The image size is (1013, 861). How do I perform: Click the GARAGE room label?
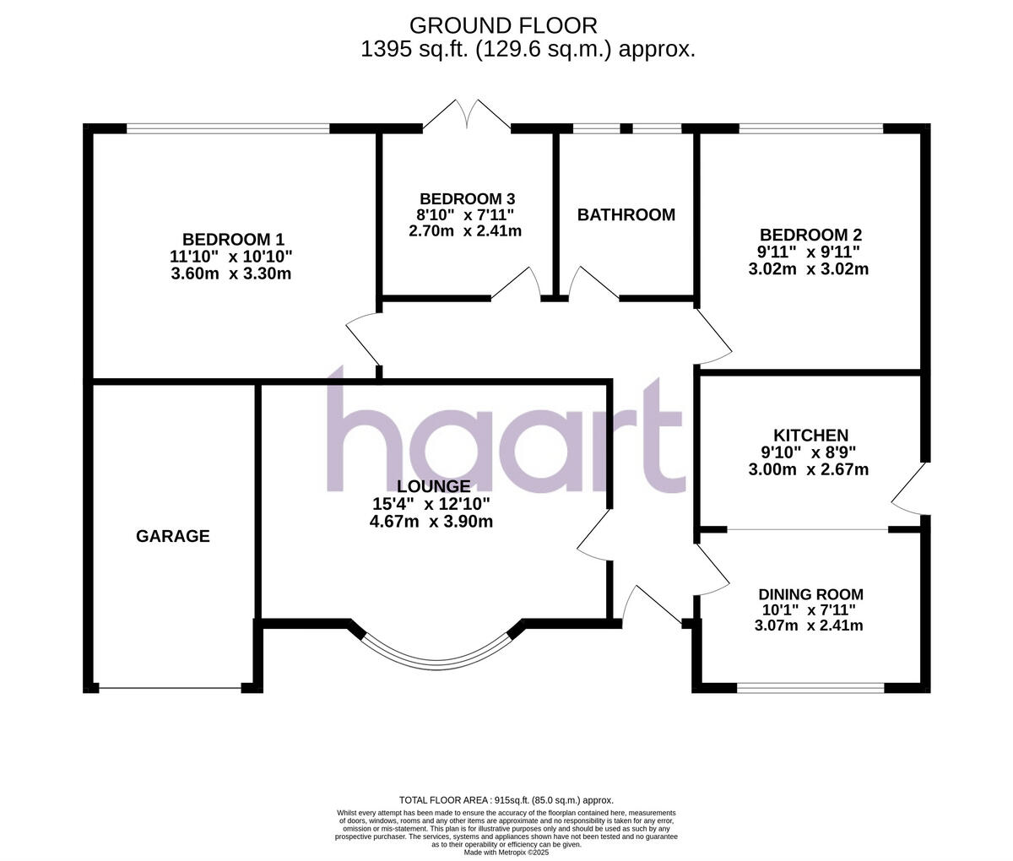(x=173, y=536)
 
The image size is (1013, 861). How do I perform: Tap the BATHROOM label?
(x=626, y=214)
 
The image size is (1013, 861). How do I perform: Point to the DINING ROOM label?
(x=810, y=594)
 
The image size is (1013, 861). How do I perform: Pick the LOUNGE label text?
(x=433, y=486)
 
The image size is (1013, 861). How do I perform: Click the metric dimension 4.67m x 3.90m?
(x=431, y=522)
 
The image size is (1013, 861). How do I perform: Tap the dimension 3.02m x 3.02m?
(x=809, y=270)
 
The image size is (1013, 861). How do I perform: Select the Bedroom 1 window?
(x=228, y=129)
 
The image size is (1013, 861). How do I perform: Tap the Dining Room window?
(x=810, y=688)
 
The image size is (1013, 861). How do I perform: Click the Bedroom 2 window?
(x=810, y=129)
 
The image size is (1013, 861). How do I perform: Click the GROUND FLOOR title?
(x=503, y=25)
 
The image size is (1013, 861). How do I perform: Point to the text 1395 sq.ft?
(x=414, y=50)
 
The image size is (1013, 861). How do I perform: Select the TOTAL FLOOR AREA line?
(x=506, y=800)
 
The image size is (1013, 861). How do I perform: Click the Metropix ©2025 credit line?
(x=506, y=853)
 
